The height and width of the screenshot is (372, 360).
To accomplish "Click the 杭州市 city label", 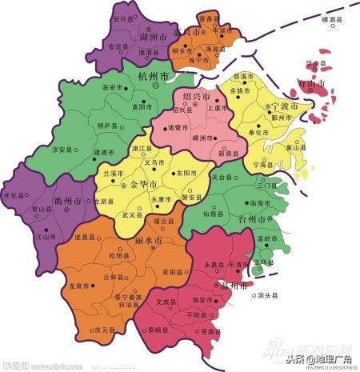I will [153, 76].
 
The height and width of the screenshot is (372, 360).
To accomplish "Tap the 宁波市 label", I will [283, 106].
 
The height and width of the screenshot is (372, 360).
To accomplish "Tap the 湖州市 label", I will [130, 36].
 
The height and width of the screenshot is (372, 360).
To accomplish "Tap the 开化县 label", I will [15, 195].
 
